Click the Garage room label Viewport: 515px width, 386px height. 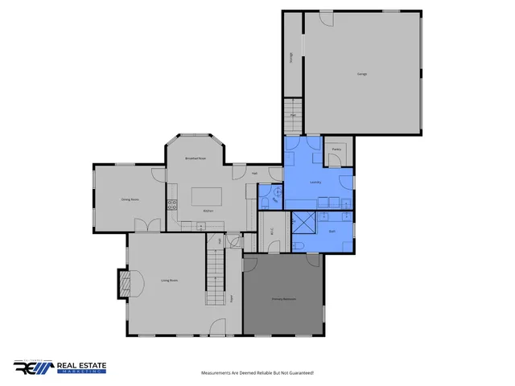pos(362,74)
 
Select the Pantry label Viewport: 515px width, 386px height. pos(336,149)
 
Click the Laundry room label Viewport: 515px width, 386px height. pos(315,183)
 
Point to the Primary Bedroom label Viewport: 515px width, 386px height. pos(283,299)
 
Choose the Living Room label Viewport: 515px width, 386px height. pos(169,280)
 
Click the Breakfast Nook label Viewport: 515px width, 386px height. pos(196,159)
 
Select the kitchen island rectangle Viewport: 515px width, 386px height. pos(206,197)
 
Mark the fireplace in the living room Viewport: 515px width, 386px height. pos(124,281)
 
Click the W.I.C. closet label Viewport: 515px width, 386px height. pos(271,229)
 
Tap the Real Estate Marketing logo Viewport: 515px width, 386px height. pos(59,368)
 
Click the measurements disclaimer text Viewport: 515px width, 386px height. pos(257,373)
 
